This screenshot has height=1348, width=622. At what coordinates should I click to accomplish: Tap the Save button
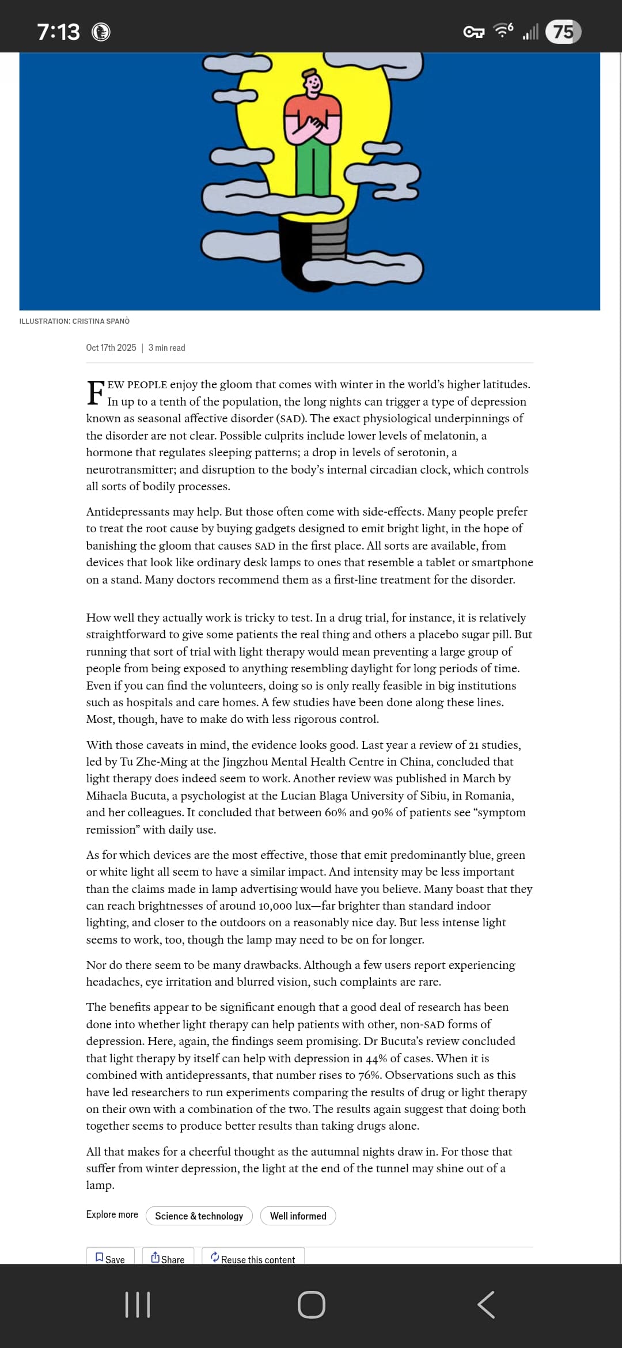110,1259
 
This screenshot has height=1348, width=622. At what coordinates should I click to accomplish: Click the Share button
168,1259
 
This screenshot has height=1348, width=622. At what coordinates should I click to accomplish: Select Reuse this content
253,1259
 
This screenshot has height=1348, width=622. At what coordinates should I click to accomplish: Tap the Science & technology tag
199,1216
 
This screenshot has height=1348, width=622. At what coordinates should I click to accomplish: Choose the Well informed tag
298,1216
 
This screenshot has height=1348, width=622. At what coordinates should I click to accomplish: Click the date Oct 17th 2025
111,347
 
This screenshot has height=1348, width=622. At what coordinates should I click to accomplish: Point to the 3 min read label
167,347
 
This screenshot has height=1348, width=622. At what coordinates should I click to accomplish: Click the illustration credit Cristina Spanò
74,321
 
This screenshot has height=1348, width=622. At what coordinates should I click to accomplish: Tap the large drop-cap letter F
96,393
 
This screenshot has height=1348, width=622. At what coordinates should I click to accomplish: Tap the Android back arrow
486,1305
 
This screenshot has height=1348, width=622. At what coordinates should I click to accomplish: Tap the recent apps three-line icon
138,1305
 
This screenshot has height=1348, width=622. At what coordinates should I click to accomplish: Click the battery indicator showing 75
563,32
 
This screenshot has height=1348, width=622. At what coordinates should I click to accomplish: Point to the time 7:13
58,32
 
